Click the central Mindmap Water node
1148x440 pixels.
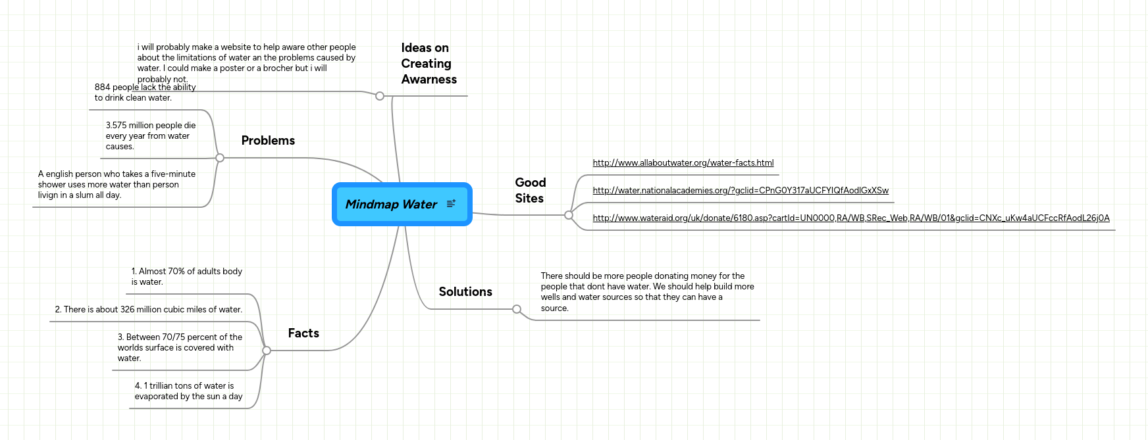pyautogui.click(x=391, y=205)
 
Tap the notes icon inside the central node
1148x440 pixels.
pyautogui.click(x=451, y=204)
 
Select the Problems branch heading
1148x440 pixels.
pyautogui.click(x=268, y=141)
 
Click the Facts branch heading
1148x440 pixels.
pyautogui.click(x=303, y=333)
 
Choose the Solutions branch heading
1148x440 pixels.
pyautogui.click(x=465, y=292)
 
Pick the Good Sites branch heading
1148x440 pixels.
pyautogui.click(x=530, y=191)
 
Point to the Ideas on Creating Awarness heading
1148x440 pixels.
pyautogui.click(x=429, y=64)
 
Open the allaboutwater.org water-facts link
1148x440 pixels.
pyautogui.click(x=683, y=163)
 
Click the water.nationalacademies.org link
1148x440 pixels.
pyautogui.click(x=740, y=191)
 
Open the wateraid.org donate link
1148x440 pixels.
pyautogui.click(x=850, y=218)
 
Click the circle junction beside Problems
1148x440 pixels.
pyautogui.click(x=220, y=158)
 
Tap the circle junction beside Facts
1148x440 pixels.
pyautogui.click(x=267, y=351)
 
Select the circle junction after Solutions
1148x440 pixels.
pyautogui.click(x=517, y=309)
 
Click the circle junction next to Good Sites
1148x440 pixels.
pyautogui.click(x=569, y=215)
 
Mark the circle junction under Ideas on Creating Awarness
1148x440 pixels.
pyautogui.click(x=380, y=96)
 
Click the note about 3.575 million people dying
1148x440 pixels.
pyautogui.click(x=151, y=136)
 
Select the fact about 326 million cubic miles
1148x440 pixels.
pyautogui.click(x=148, y=310)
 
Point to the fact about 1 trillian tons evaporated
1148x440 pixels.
pyautogui.click(x=188, y=391)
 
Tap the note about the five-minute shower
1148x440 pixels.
pyautogui.click(x=117, y=185)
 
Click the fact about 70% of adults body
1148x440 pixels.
pyautogui.click(x=186, y=277)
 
